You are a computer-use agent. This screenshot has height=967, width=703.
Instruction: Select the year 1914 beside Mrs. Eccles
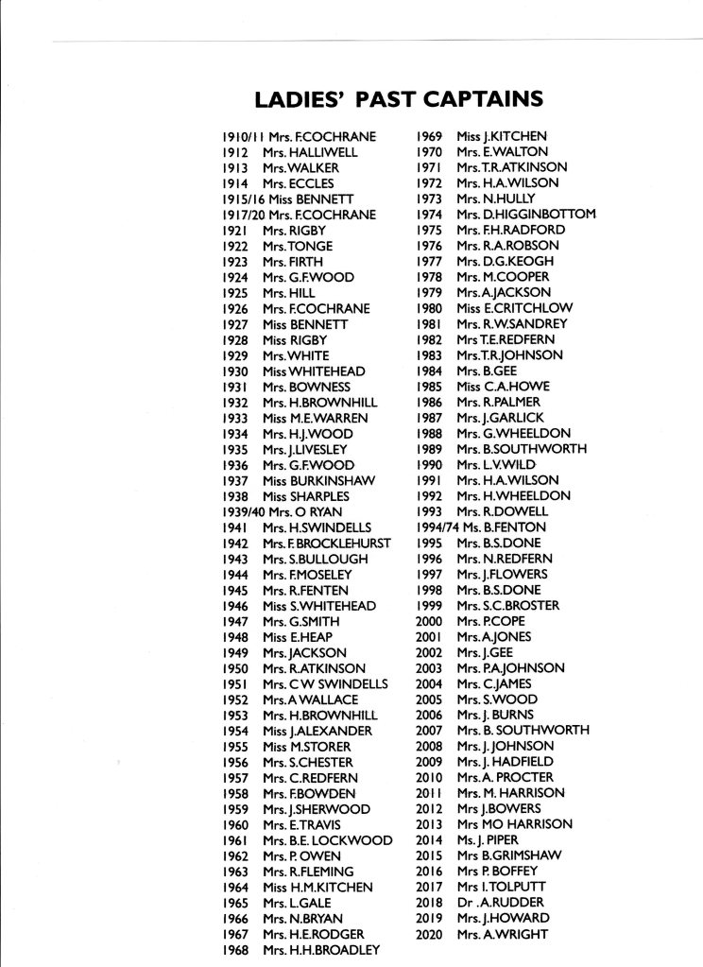(234, 183)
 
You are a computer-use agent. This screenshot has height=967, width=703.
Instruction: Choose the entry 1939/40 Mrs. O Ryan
(280, 511)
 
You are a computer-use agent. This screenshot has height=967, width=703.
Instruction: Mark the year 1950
(234, 668)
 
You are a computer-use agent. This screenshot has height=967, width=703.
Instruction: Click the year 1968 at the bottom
(234, 949)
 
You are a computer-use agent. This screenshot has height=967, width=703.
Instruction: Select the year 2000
(429, 621)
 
